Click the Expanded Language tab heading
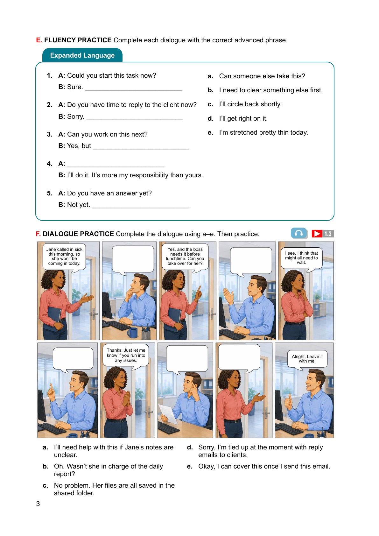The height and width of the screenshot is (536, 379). click(x=82, y=55)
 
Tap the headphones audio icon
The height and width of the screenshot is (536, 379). click(x=299, y=233)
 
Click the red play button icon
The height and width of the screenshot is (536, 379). click(x=317, y=234)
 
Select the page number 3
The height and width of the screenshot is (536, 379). click(x=38, y=504)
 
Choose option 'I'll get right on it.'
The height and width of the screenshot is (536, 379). click(x=243, y=118)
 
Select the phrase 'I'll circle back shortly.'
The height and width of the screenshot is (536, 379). click(x=250, y=104)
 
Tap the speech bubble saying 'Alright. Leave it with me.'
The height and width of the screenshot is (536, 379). click(x=307, y=359)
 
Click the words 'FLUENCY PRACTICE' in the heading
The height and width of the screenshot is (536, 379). click(x=78, y=40)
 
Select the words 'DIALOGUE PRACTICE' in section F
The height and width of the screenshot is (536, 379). click(x=78, y=234)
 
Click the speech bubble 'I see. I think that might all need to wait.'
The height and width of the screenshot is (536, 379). click(x=301, y=259)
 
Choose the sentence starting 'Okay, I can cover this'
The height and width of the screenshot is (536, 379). click(x=264, y=466)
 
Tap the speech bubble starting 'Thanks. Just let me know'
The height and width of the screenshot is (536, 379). click(x=126, y=356)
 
